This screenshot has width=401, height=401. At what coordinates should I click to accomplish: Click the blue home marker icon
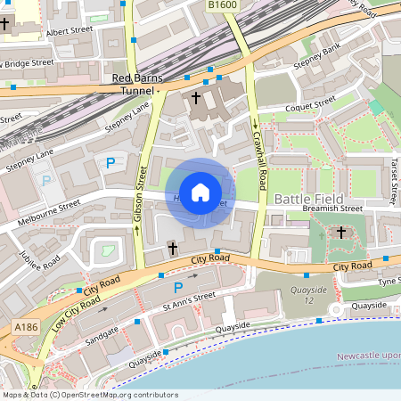[x=200, y=192]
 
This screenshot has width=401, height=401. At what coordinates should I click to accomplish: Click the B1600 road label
[x=224, y=5]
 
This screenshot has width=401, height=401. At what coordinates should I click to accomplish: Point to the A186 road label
[x=26, y=329]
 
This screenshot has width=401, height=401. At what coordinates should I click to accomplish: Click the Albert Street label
[x=70, y=31]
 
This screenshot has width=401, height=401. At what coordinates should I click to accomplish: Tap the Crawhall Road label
[x=259, y=155]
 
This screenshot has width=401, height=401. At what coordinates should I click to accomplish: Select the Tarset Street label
[x=392, y=177]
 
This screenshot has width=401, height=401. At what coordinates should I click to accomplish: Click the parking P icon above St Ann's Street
[x=178, y=287]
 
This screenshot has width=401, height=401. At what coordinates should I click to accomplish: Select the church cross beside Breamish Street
[x=340, y=233]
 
